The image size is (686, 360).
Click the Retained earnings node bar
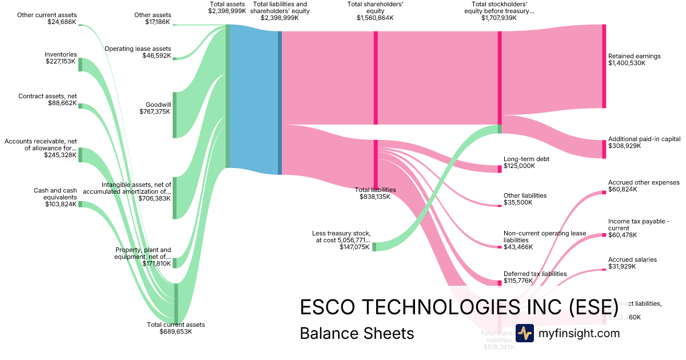604,66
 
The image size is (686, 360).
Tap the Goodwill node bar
174,114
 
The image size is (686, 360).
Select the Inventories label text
61,54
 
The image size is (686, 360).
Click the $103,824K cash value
61,204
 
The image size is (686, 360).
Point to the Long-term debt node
500,169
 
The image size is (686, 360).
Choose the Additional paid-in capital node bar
604,149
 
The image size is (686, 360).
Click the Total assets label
227,4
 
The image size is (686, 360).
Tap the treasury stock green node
374,247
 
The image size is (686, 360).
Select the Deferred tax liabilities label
535,274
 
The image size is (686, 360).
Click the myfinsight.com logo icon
524,333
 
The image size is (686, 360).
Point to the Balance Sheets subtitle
357,333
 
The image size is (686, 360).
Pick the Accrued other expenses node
604,193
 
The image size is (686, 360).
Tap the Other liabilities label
525,195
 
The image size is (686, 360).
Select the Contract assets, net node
80,106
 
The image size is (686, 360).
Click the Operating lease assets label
137,49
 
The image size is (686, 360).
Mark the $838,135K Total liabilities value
375,197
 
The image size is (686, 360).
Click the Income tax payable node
604,234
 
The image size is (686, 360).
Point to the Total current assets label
176,325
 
